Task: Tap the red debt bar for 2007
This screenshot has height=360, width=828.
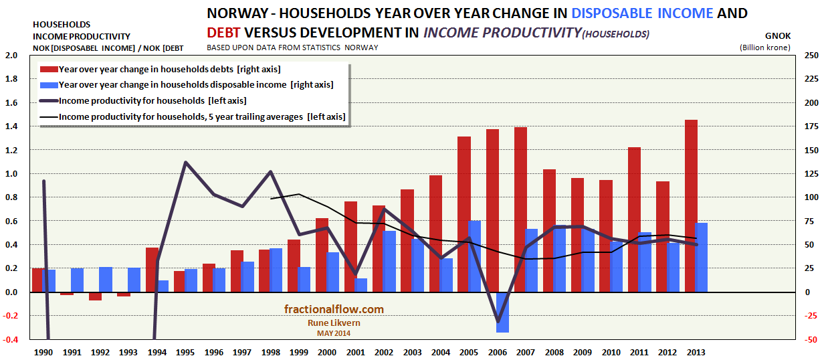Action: pos(520,209)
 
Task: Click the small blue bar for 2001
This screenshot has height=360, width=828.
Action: pos(360,285)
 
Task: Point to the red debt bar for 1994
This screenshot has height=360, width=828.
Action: pos(152,270)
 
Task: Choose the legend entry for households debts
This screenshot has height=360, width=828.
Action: pos(169,69)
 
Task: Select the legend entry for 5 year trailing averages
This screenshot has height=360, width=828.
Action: pos(202,116)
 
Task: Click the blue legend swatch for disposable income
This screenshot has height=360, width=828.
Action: pos(48,85)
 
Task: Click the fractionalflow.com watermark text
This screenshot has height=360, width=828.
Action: pos(333,309)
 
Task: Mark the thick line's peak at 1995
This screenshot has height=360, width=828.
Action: pos(185,163)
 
